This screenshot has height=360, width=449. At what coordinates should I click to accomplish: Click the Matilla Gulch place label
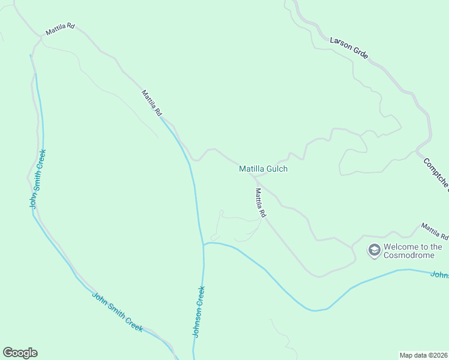[x=263, y=169]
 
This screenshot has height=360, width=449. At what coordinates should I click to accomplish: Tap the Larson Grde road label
[x=349, y=49]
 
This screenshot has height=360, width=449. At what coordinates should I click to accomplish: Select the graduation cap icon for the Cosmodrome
[x=374, y=250]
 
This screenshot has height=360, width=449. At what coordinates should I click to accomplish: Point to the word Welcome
[x=401, y=247]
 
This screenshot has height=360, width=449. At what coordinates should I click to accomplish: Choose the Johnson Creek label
[x=199, y=311]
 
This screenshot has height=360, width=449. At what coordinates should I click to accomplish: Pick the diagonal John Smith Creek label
[x=117, y=311]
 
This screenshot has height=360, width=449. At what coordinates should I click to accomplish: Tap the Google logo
[x=20, y=353]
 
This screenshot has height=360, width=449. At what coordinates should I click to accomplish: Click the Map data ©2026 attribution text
[x=423, y=355]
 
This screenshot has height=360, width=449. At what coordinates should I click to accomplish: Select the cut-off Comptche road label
[x=436, y=175]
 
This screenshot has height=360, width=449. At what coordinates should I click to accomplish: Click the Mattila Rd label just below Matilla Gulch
[x=260, y=202]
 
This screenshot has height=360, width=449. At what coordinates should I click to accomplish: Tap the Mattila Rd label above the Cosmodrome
[x=435, y=231]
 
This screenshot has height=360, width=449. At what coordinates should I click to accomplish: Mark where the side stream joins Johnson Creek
[x=203, y=245]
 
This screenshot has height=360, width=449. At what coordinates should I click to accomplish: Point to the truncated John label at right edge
[x=440, y=275]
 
